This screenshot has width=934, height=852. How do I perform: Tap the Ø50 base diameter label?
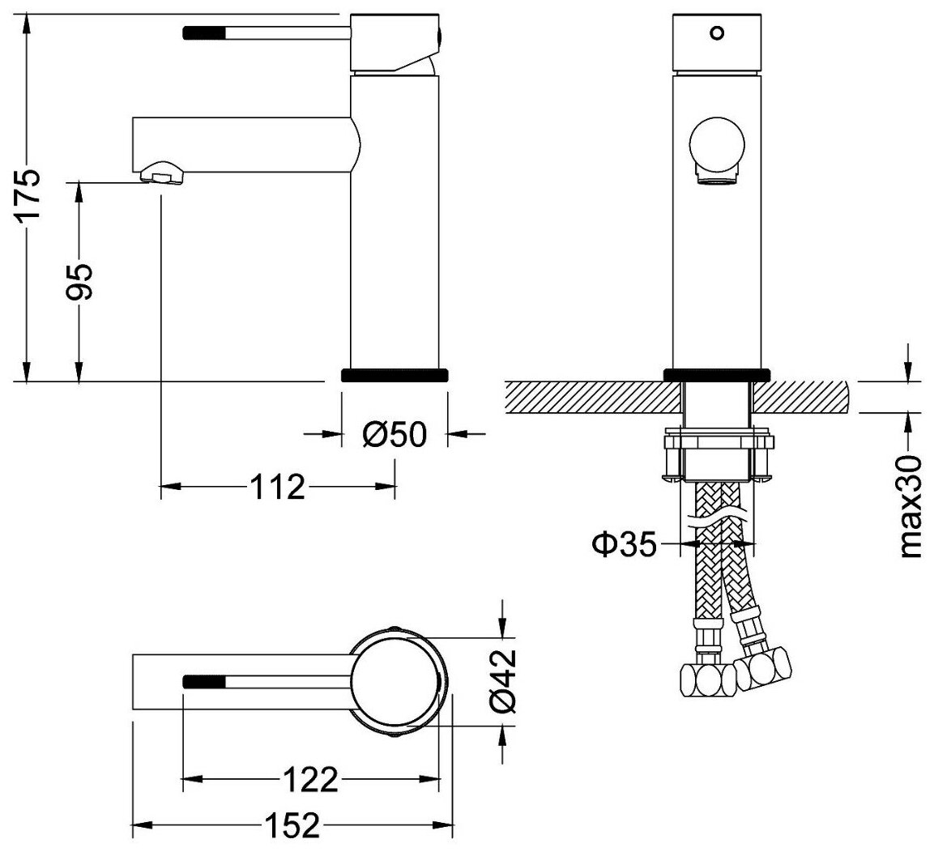(394, 435)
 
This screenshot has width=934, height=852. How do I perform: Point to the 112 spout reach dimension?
(277, 488)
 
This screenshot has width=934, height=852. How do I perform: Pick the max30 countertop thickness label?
(912, 506)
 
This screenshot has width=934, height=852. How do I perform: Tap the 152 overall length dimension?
(291, 827)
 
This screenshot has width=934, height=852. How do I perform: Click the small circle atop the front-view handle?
(716, 34)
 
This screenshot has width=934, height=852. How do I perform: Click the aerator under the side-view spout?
(162, 173)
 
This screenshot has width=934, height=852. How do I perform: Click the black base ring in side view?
(394, 375)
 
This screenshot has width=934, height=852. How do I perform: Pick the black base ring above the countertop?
(716, 374)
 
